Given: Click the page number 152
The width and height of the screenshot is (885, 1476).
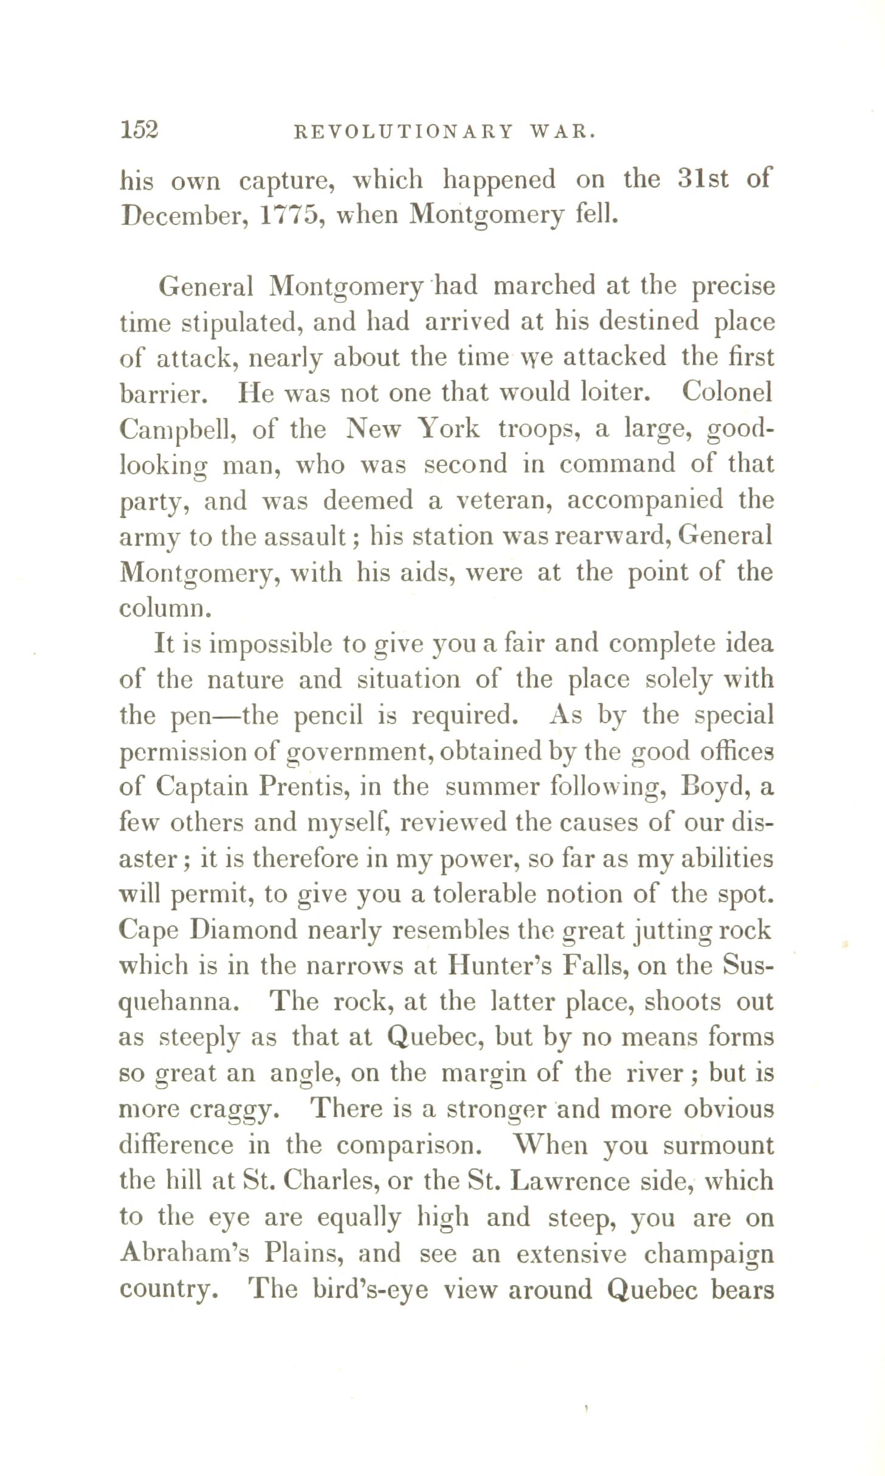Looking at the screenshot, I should point(139,130).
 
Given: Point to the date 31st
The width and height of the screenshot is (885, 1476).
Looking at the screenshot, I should point(703,179).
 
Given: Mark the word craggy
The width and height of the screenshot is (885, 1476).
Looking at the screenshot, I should point(234,1110).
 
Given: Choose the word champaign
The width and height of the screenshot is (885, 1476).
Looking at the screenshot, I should point(709,1254).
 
